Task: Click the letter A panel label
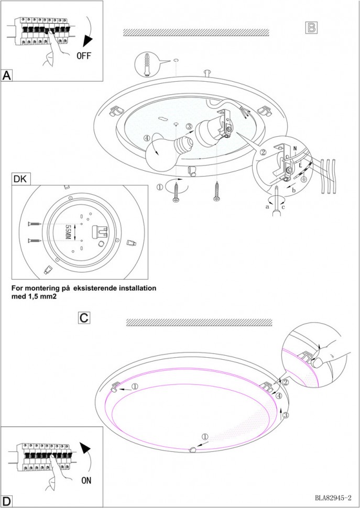point(7,75)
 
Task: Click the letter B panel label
point(311,28)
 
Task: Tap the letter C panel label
point(84,317)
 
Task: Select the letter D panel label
point(6,501)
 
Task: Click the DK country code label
point(20,179)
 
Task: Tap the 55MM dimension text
point(67,232)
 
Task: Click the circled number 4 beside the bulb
point(148,139)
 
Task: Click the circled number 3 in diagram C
point(286,415)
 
